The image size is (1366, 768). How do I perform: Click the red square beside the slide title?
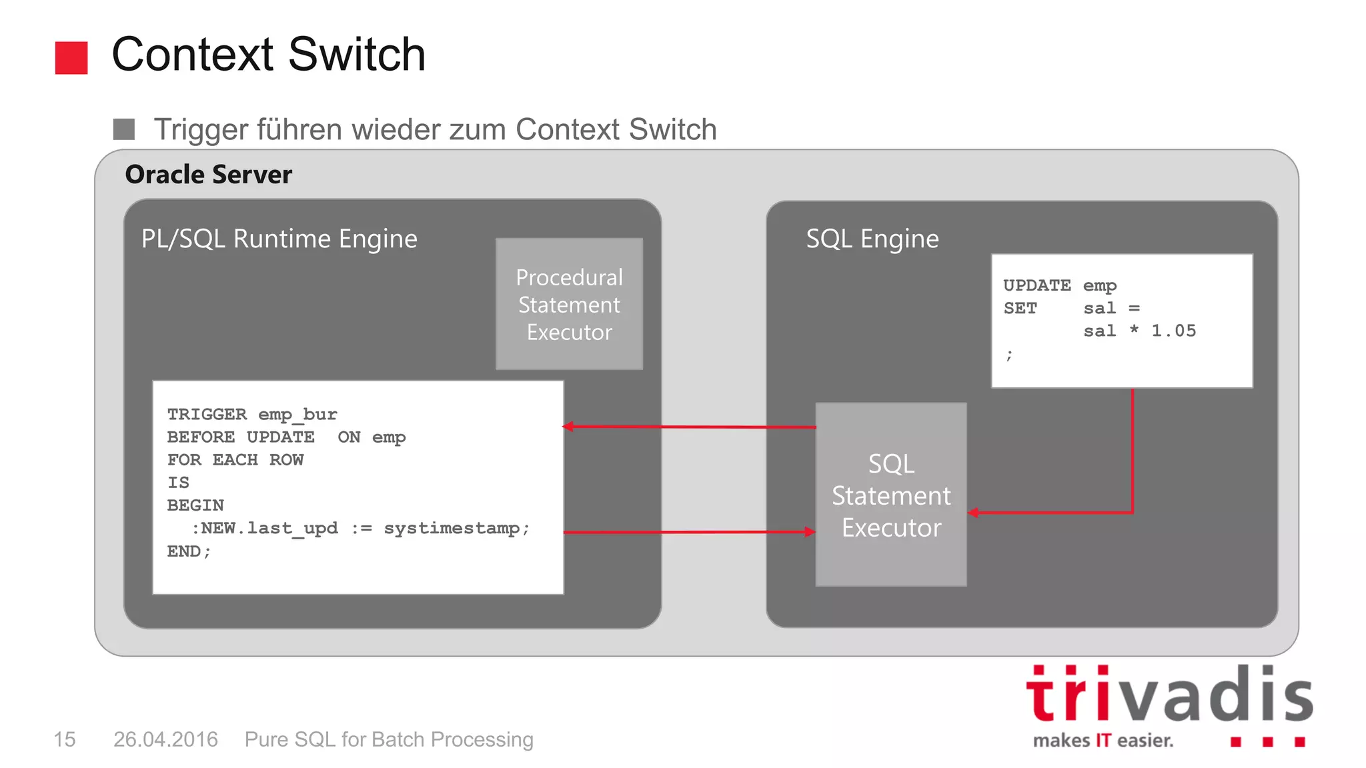(x=71, y=58)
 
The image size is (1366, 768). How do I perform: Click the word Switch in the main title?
(x=357, y=55)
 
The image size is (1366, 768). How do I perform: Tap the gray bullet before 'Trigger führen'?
(x=124, y=129)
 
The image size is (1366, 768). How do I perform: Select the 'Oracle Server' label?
(x=208, y=175)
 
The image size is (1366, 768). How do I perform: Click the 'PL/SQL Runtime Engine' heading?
(x=279, y=239)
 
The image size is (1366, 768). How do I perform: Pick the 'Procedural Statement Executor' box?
(x=569, y=304)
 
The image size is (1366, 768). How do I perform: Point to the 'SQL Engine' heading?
(x=872, y=239)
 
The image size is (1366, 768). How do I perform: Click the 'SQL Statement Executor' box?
(x=890, y=495)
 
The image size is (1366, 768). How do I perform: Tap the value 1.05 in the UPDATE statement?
(x=1173, y=331)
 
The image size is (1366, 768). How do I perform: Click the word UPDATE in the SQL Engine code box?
(x=1037, y=285)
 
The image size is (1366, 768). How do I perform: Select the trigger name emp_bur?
(x=297, y=415)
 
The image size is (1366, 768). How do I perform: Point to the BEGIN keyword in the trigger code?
(x=195, y=505)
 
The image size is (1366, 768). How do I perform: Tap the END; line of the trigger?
(x=189, y=551)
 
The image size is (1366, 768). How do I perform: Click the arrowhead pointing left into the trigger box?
(x=568, y=427)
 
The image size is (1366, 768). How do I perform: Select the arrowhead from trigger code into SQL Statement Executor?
(x=810, y=532)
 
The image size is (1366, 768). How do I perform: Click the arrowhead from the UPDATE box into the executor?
(x=974, y=513)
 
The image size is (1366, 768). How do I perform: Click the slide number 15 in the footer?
(x=65, y=739)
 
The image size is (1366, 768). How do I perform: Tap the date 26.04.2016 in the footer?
(x=165, y=739)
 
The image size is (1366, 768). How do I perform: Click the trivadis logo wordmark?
(x=1169, y=695)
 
